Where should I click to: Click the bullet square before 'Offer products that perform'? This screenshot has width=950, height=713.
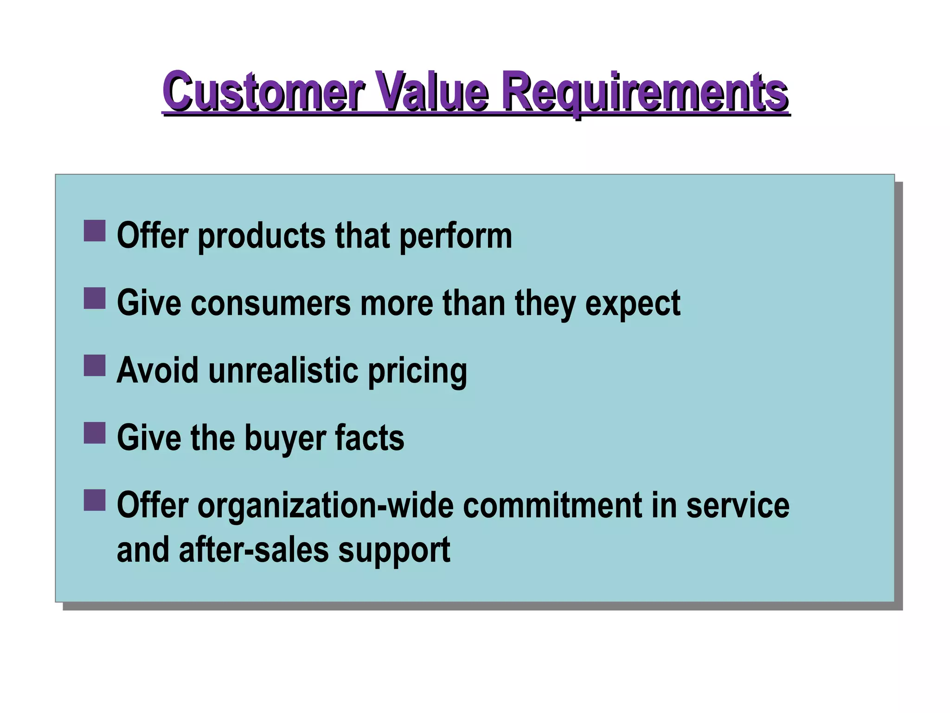point(95,231)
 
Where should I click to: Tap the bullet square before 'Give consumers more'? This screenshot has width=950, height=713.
point(95,298)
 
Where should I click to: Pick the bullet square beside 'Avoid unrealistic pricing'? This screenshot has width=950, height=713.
point(95,365)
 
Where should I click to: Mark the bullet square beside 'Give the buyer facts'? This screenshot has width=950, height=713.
point(95,433)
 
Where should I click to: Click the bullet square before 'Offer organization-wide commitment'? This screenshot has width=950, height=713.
point(95,500)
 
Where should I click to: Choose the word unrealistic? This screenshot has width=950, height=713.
point(283,370)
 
